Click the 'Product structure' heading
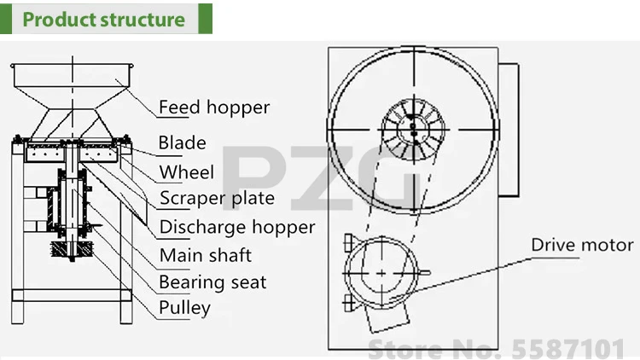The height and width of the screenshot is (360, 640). pyautogui.click(x=103, y=19)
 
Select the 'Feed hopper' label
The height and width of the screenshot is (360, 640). pyautogui.click(x=214, y=107)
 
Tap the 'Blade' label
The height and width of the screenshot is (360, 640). pyautogui.click(x=183, y=142)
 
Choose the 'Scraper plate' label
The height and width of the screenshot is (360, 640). pyautogui.click(x=218, y=198)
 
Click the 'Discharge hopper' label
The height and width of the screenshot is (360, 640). pyautogui.click(x=237, y=227)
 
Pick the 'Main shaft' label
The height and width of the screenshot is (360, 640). pyautogui.click(x=206, y=254)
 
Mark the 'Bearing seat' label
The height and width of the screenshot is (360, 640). pyautogui.click(x=212, y=282)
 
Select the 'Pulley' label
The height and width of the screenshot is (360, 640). pyautogui.click(x=184, y=307)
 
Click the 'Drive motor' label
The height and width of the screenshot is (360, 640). pyautogui.click(x=582, y=245)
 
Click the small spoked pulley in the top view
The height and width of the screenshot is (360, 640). pyautogui.click(x=411, y=129)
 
